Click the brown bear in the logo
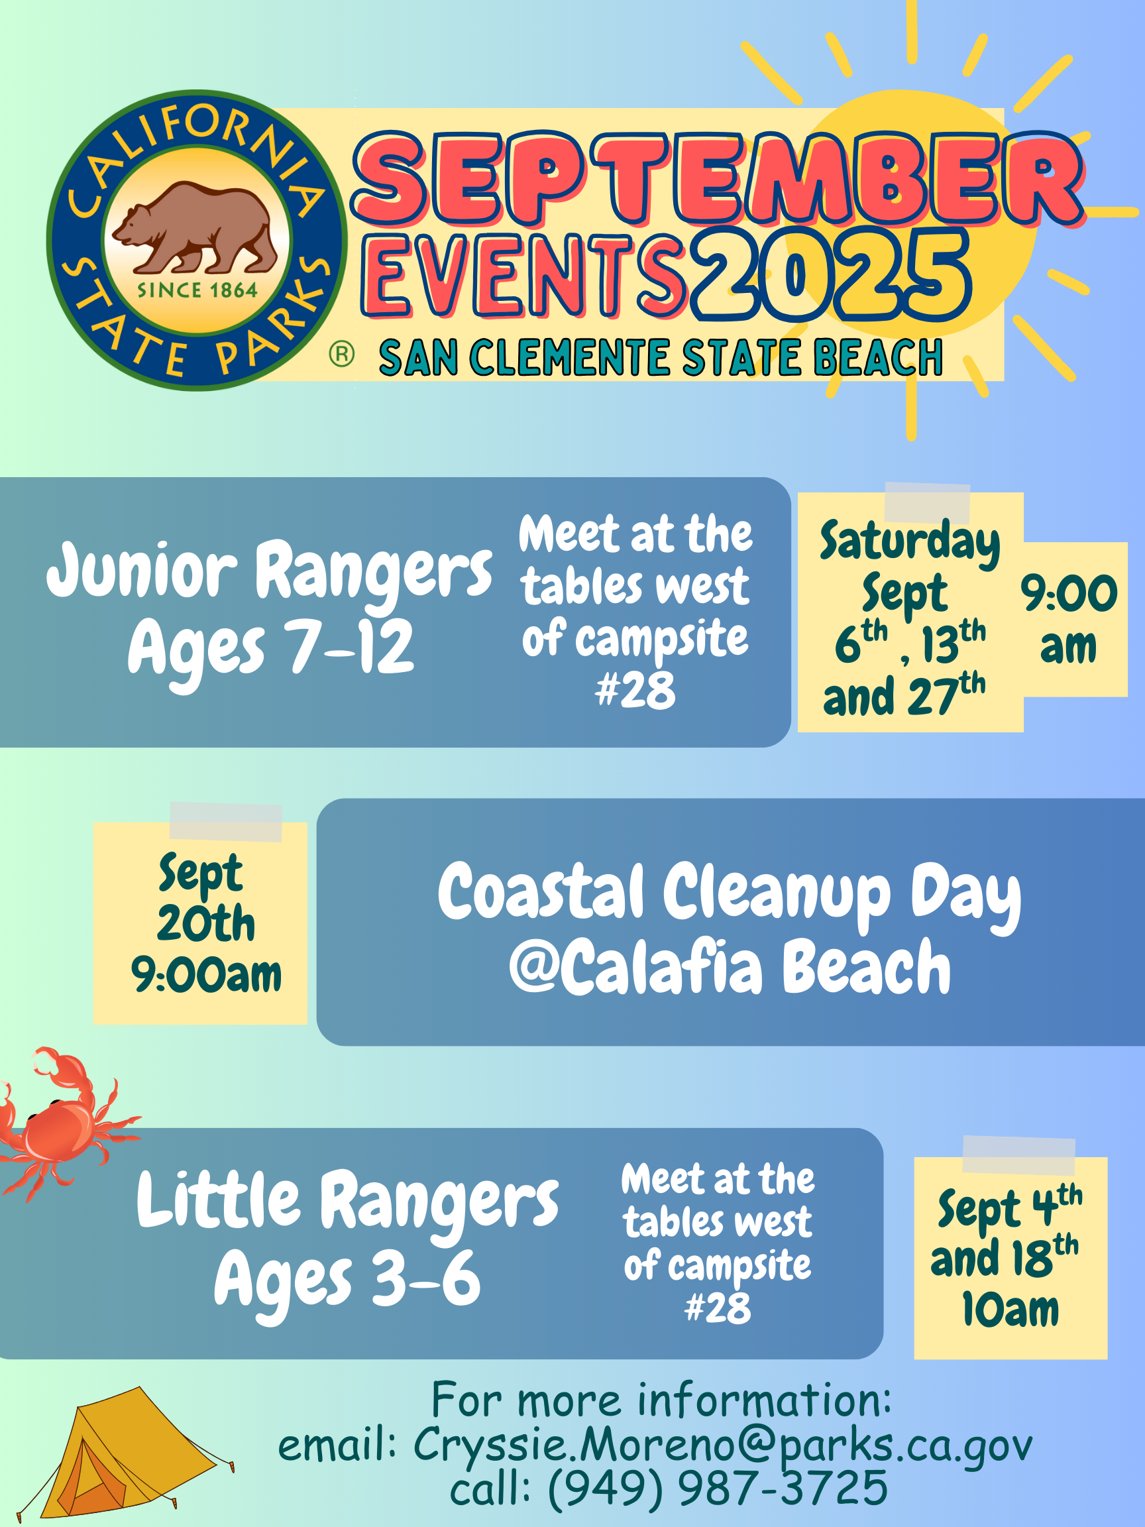coord(196,228)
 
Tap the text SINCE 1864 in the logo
coord(197,290)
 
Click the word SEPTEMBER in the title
coord(718,180)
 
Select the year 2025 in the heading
coord(832,275)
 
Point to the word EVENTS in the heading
coord(525,275)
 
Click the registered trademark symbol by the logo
coord(342,354)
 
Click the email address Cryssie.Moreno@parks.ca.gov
coord(724,1444)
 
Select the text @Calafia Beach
coord(730,966)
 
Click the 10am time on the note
coord(1010,1310)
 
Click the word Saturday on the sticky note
coord(910,543)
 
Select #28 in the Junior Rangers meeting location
coord(635,691)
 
